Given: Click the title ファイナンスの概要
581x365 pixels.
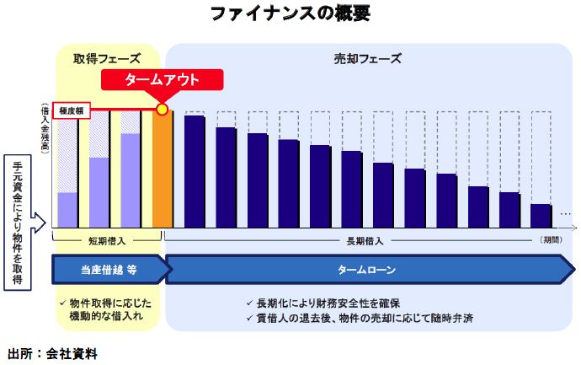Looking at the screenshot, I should click(x=290, y=14).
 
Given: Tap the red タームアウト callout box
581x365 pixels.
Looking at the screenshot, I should click(x=163, y=80).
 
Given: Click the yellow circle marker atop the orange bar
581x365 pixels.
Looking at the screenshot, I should click(x=163, y=110).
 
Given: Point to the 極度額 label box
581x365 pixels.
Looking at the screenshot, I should click(x=70, y=110).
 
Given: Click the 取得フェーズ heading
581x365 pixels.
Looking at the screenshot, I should click(x=106, y=59).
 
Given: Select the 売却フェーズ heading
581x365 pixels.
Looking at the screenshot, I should click(x=367, y=59).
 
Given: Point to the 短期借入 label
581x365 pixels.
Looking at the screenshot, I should click(x=106, y=240).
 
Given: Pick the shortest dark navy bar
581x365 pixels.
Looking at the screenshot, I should click(x=541, y=216).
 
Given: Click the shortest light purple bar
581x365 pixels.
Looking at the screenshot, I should click(x=67, y=210).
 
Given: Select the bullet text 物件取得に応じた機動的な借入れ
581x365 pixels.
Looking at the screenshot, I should click(x=108, y=309).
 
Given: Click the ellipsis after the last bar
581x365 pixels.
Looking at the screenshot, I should click(x=565, y=212).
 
